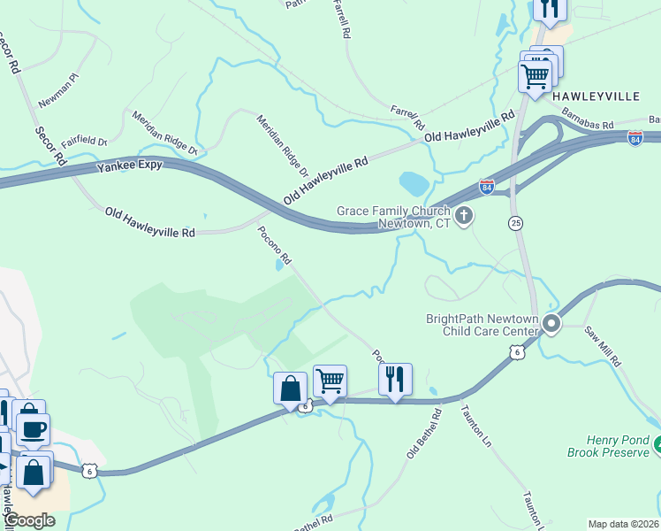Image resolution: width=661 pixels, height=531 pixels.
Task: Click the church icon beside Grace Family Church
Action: (463, 213)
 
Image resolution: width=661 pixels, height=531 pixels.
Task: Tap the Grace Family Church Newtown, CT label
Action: (393, 217)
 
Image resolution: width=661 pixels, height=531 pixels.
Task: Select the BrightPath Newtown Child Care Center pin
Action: (551, 325)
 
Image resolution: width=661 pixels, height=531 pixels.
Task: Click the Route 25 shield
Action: (515, 224)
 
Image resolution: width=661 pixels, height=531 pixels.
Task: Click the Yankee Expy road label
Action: (132, 165)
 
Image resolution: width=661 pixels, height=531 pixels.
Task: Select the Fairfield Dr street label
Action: (84, 140)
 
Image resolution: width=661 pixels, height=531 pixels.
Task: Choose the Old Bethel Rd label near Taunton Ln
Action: (423, 433)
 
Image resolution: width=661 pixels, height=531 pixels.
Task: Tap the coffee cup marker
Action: (34, 429)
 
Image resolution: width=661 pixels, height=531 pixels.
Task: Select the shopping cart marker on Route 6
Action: (330, 381)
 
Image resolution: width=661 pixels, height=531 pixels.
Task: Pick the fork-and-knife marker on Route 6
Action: (394, 380)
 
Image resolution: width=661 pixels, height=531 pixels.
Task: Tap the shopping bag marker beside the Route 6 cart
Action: (290, 388)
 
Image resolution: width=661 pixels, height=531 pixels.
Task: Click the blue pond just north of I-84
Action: (414, 183)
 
